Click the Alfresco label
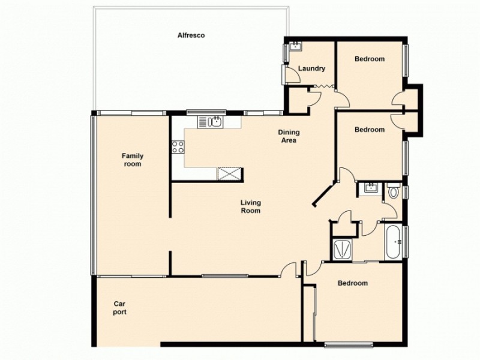tap(191, 35)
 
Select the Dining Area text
tap(289, 137)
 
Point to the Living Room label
tap(250, 207)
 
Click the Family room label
tap(132, 160)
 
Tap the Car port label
tap(120, 308)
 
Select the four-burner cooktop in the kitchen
tap(178, 147)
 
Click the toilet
tap(394, 191)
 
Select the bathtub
tap(394, 243)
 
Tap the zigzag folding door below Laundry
tap(322, 86)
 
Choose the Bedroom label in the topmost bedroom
tap(369, 59)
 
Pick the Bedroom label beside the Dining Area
tap(369, 130)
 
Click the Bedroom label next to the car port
tap(352, 283)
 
